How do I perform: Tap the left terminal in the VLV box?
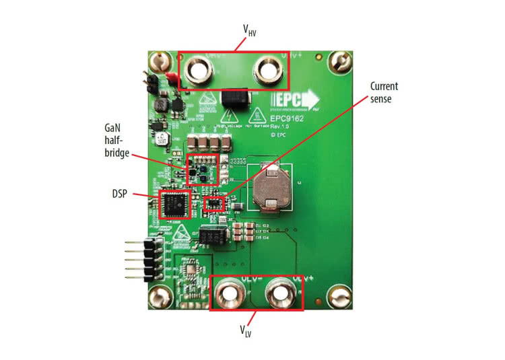click(229, 293)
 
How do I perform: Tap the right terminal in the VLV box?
click(277, 293)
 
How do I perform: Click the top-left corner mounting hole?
click(159, 63)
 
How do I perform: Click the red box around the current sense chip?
click(213, 203)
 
